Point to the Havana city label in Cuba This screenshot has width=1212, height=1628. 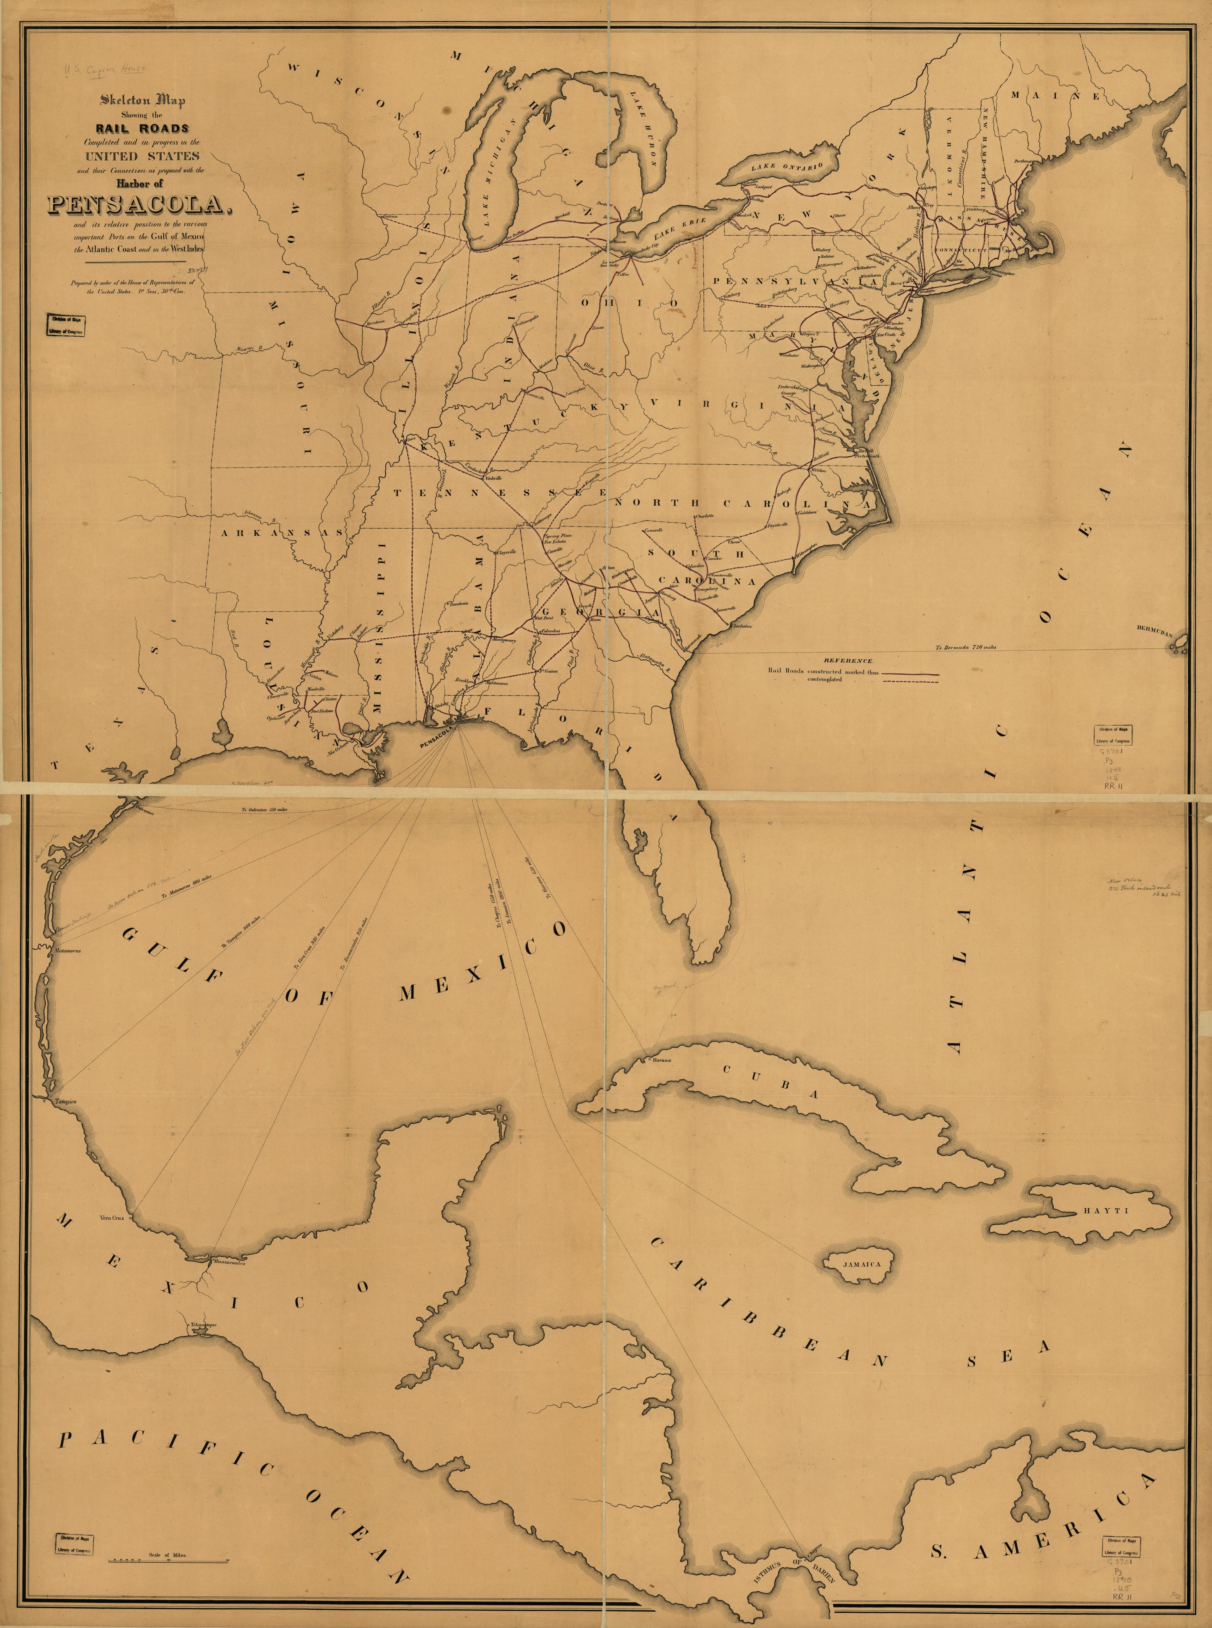click(658, 1059)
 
